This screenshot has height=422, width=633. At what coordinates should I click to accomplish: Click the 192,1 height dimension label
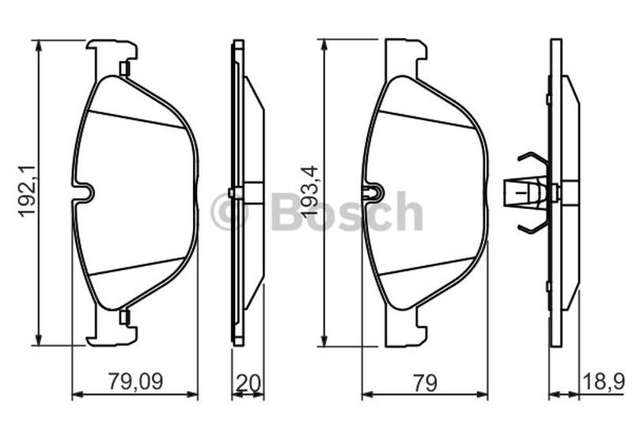tap(27, 192)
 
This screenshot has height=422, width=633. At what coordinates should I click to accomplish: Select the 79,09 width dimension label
tap(135, 382)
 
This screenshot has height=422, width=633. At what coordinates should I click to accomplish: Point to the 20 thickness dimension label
tap(248, 383)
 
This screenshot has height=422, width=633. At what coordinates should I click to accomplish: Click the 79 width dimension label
tap(425, 382)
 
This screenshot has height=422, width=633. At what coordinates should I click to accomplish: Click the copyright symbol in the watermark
tap(228, 211)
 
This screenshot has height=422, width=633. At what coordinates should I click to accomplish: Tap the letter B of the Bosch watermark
tap(287, 211)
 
